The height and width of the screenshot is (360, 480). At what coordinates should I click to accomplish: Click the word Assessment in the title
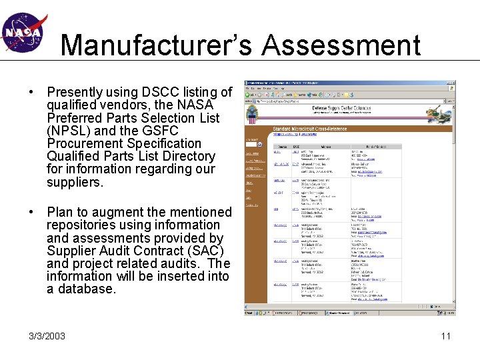click(341, 45)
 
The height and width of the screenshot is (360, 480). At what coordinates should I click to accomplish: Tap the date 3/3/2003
click(47, 336)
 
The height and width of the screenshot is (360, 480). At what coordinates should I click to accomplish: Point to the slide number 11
click(445, 335)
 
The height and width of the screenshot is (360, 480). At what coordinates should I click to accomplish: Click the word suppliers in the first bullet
click(73, 182)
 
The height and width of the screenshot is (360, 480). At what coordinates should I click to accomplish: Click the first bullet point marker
click(32, 92)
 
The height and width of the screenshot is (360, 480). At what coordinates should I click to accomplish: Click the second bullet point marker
click(32, 213)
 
